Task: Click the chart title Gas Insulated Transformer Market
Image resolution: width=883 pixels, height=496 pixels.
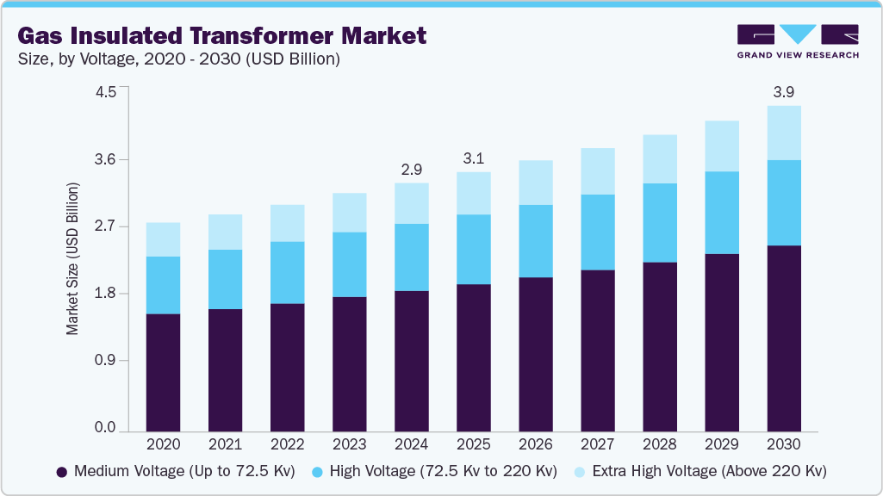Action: (x=221, y=36)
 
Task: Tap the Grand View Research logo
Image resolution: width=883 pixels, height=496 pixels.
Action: (x=797, y=41)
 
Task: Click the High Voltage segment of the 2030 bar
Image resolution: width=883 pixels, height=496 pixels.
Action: (x=783, y=203)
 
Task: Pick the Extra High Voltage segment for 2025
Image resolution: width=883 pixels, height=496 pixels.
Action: (x=473, y=193)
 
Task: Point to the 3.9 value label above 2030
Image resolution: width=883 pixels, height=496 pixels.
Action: (x=783, y=92)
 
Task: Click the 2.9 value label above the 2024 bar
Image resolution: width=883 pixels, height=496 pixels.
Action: (x=411, y=169)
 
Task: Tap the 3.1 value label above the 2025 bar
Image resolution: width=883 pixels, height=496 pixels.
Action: (x=473, y=158)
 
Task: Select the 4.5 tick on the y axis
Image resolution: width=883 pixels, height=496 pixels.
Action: (x=105, y=93)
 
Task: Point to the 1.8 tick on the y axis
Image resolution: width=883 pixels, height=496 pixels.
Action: (x=105, y=294)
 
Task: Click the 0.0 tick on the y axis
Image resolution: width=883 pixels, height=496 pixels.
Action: (x=105, y=428)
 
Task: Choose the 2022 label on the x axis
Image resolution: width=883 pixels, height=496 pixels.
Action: (x=287, y=445)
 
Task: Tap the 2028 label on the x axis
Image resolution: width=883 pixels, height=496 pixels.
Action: (x=659, y=445)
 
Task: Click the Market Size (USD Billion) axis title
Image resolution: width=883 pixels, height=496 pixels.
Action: (x=73, y=259)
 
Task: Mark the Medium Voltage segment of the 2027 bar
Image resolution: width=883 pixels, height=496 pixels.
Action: (x=597, y=350)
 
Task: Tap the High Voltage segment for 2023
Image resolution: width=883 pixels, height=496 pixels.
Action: (x=349, y=264)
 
